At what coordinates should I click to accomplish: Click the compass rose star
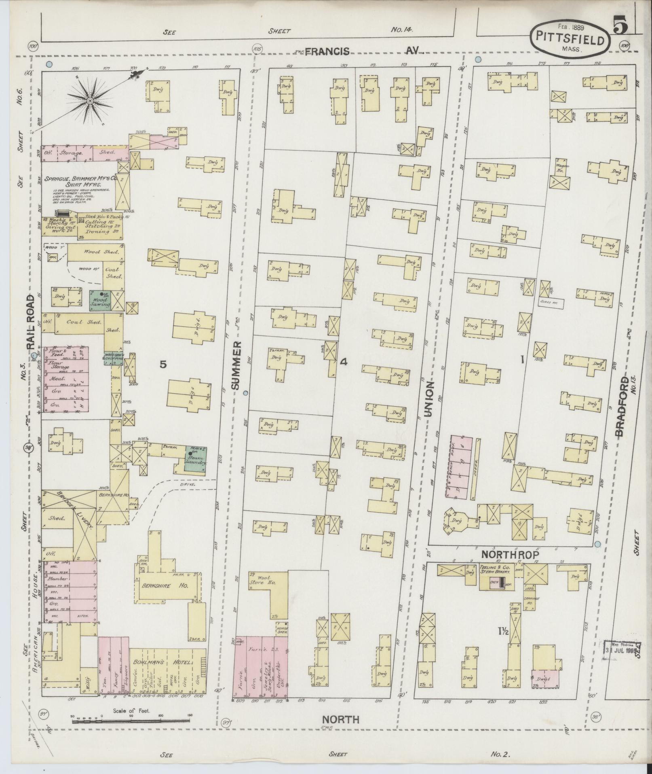(x=90, y=99)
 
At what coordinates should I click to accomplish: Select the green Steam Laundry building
(x=196, y=459)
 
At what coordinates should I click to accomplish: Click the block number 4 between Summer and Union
(x=344, y=362)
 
